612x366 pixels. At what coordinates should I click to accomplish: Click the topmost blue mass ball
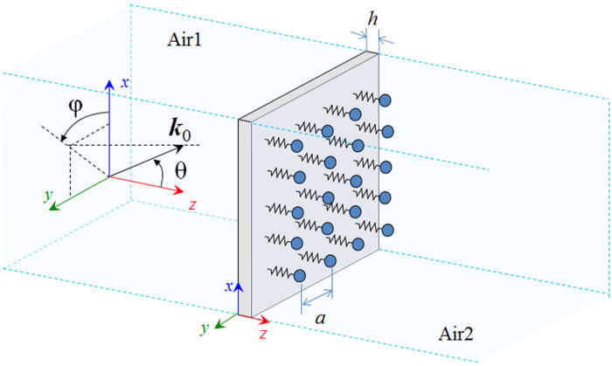click(x=383, y=100)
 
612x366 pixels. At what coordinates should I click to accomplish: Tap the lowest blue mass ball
click(x=299, y=277)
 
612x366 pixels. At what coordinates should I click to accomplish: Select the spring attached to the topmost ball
click(x=365, y=95)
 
